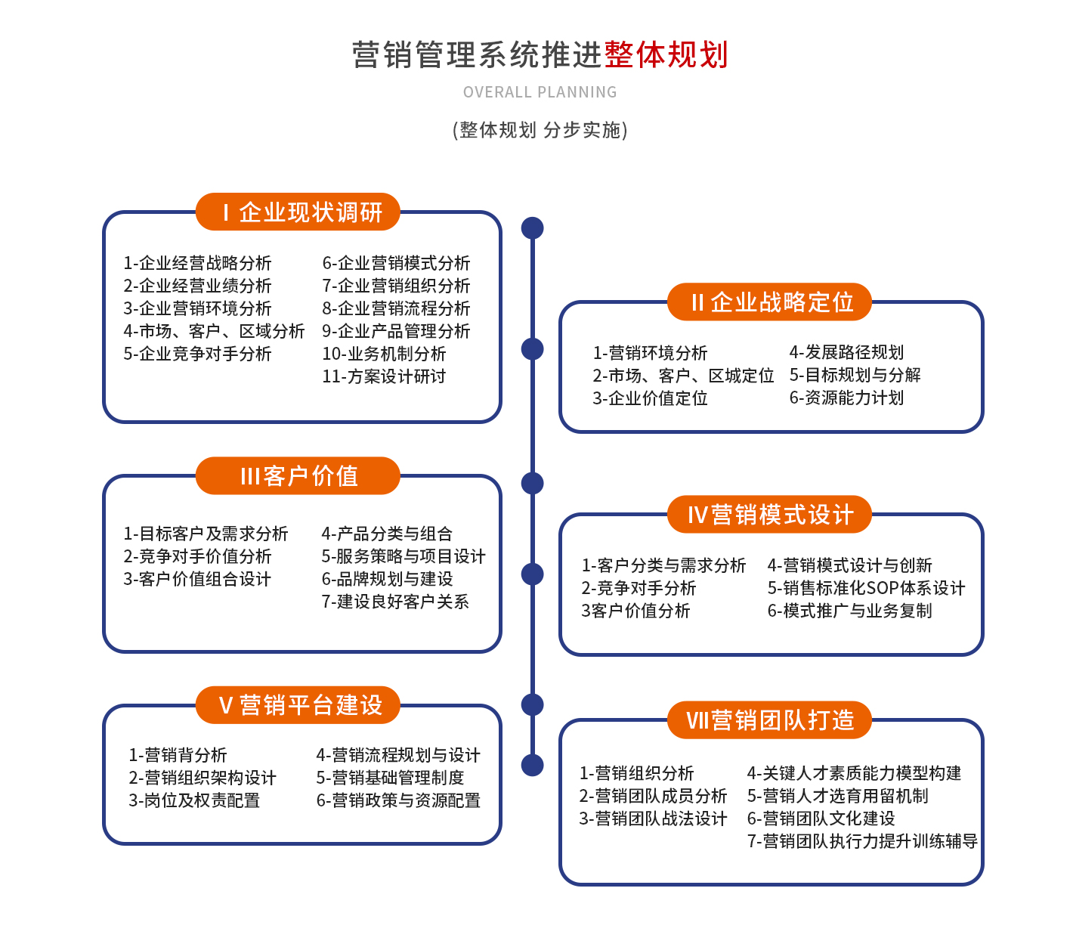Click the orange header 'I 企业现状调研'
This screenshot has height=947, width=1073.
coord(298,212)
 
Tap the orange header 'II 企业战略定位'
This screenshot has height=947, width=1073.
coord(769,302)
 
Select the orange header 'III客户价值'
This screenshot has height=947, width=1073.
coord(298,476)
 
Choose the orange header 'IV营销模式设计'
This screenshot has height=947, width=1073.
coord(769,515)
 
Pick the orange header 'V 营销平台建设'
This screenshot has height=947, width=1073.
coord(298,705)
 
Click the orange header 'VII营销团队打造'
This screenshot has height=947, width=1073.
coord(769,720)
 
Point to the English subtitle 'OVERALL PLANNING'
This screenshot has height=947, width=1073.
coord(540,92)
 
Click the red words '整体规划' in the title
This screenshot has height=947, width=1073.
coord(666,55)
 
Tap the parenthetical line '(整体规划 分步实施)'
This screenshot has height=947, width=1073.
coord(540,130)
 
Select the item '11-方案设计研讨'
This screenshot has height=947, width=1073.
coord(384,376)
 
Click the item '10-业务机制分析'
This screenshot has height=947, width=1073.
coord(384,354)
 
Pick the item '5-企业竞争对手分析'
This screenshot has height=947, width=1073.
coord(197,354)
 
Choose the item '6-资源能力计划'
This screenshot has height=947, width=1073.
coord(846,398)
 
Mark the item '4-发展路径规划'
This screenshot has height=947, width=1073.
coord(846,352)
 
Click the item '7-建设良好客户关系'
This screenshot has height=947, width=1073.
coord(395,602)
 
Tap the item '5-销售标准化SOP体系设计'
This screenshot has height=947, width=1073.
coord(866,588)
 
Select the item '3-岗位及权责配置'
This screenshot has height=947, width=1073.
coord(194,800)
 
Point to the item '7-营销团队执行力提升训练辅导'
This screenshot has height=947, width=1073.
coord(862,841)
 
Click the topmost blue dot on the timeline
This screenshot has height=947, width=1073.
coord(533,227)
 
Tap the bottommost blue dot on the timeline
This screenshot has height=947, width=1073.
coord(533,765)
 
